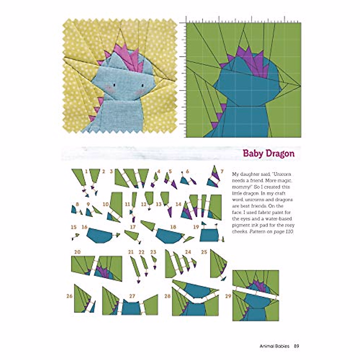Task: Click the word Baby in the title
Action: click(x=253, y=154)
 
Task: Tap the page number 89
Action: click(x=296, y=346)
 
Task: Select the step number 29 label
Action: click(x=228, y=296)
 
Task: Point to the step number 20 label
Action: click(x=77, y=252)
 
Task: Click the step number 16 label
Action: click(x=84, y=227)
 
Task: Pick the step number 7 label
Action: click(x=222, y=172)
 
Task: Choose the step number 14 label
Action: click(x=178, y=204)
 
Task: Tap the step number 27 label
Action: click(x=132, y=296)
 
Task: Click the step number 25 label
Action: click(x=204, y=252)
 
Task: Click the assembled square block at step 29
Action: click(x=256, y=295)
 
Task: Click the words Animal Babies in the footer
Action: click(x=274, y=346)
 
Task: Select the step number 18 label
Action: click(x=173, y=227)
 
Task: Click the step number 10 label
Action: click(x=106, y=204)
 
